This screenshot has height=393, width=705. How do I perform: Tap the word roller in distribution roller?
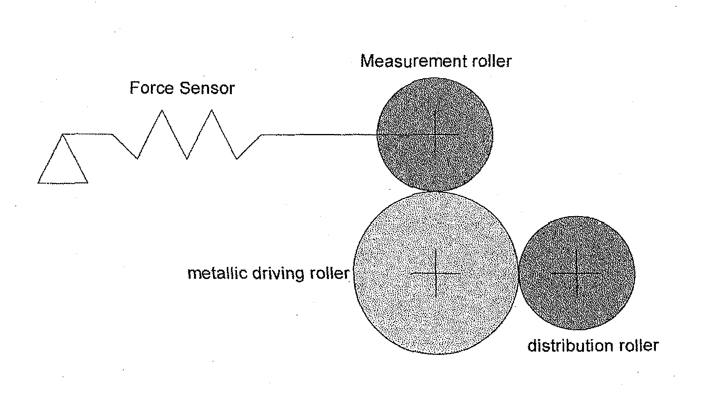(639, 346)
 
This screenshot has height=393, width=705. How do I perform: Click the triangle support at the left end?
(62, 165)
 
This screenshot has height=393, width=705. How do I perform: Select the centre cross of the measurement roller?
(435, 135)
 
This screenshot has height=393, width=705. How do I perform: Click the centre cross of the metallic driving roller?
(436, 273)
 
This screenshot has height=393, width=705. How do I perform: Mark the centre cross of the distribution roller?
(576, 272)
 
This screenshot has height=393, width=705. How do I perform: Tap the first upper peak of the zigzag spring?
(162, 111)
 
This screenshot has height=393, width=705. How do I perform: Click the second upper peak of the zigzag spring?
(212, 111)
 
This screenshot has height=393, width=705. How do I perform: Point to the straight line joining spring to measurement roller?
(318, 135)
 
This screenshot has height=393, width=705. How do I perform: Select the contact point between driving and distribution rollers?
(518, 273)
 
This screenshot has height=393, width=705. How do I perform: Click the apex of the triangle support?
(63, 135)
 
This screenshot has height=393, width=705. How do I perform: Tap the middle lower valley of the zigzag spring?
(187, 158)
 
